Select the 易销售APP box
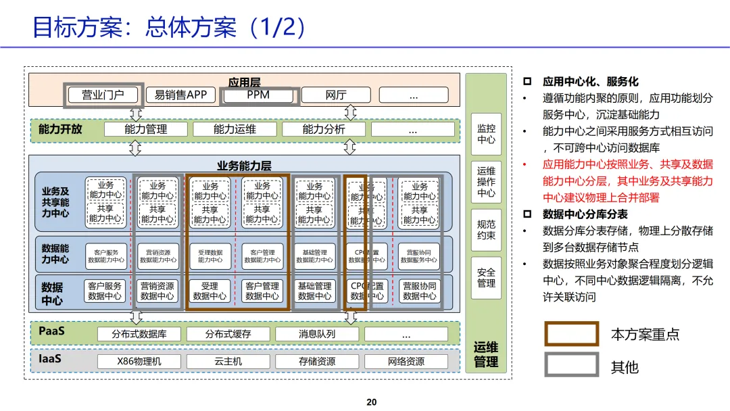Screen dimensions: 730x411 [180, 95]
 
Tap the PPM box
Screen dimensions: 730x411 [258, 95]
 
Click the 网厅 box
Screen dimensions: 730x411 [336, 95]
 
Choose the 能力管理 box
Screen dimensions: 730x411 [146, 129]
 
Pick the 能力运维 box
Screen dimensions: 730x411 [235, 129]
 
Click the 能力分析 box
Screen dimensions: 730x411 [324, 129]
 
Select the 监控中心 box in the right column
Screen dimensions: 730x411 [486, 133]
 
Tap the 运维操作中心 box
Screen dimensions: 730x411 [486, 182]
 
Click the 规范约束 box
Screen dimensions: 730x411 [486, 230]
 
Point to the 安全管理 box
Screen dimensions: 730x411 [486, 278]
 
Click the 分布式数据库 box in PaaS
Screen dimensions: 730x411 [139, 334]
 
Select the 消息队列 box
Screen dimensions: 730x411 [317, 334]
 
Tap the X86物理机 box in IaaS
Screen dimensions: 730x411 [139, 362]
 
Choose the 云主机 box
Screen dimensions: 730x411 [228, 362]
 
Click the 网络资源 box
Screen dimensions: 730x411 [406, 362]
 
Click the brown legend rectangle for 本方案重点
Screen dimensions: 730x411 [572, 334]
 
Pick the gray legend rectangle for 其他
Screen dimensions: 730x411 [572, 365]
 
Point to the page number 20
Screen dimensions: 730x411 [371, 402]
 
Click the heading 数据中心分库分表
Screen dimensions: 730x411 [585, 214]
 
